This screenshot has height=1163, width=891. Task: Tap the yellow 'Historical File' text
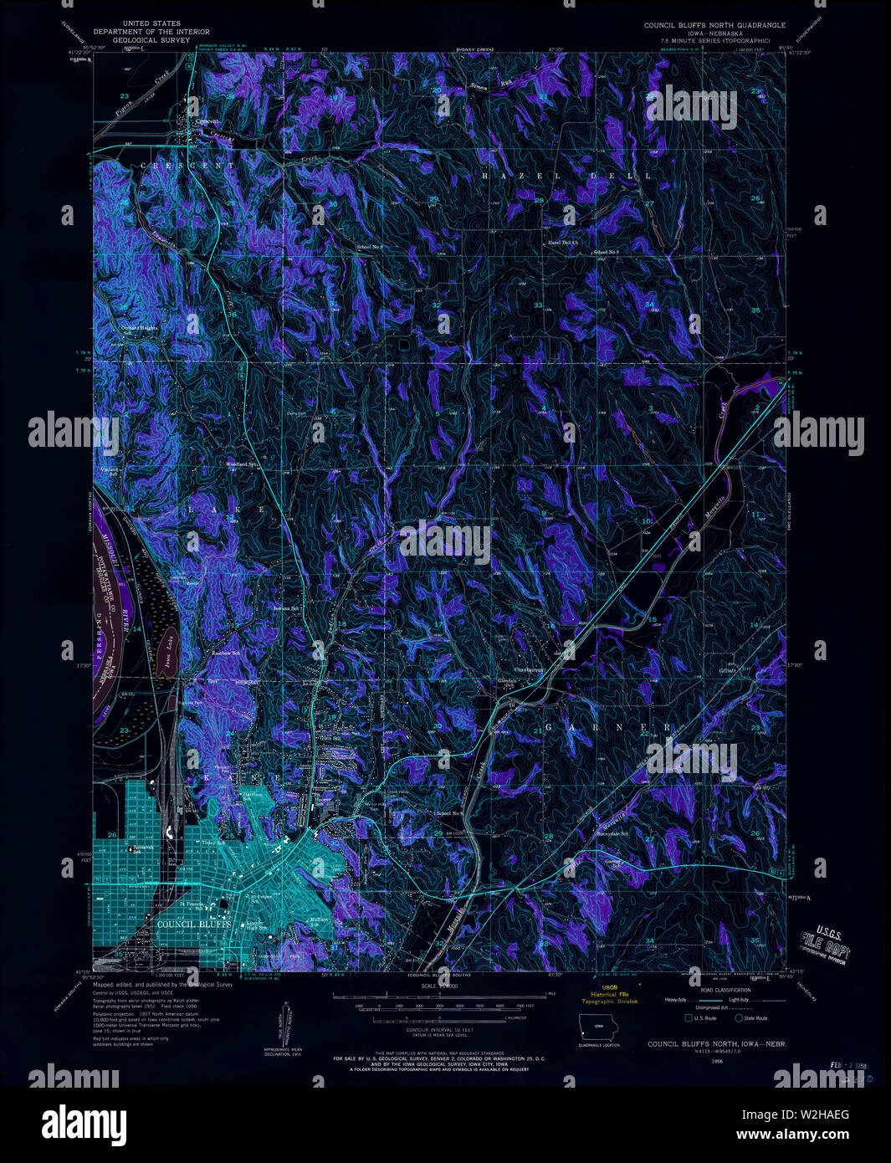tap(615, 994)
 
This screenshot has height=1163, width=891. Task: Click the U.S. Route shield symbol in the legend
tap(688, 1017)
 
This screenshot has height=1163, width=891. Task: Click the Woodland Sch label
tap(240, 464)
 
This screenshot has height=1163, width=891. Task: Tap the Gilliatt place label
tap(726, 669)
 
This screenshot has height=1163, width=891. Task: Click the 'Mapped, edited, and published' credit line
tap(162, 986)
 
